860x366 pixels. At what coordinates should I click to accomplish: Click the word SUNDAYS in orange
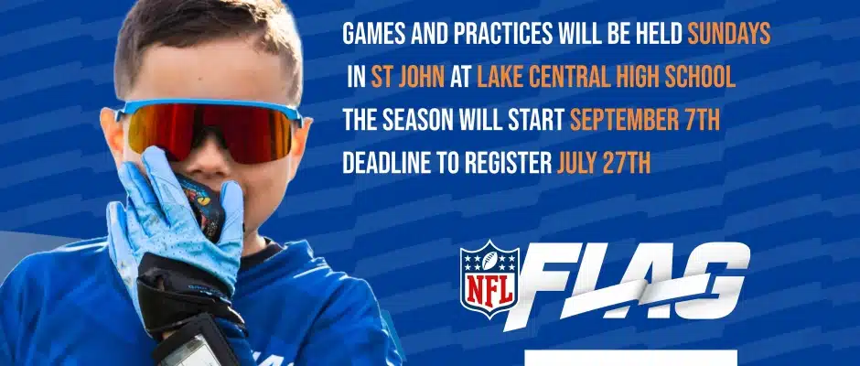tap(729, 34)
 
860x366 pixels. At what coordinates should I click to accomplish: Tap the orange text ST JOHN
tap(407, 78)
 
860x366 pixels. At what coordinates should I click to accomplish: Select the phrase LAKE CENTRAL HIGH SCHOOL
tap(606, 78)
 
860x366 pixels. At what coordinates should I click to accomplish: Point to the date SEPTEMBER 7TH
tap(644, 120)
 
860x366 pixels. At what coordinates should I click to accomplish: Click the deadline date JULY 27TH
tap(604, 164)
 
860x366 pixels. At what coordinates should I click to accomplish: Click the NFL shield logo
tap(489, 279)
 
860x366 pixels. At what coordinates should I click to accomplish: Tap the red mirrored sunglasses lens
tap(211, 131)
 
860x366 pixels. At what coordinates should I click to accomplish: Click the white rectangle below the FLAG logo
tap(630, 358)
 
